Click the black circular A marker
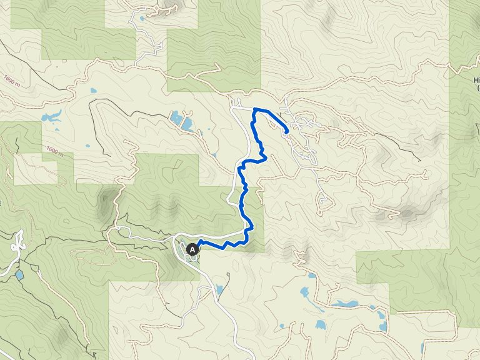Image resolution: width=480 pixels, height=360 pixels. point(192,249)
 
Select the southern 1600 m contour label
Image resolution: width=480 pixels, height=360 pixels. point(55,151)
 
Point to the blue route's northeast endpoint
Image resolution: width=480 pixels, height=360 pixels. point(286,132)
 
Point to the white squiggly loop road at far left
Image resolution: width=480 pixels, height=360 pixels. point(17,241)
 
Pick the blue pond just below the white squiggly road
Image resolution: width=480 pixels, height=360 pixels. point(20,274)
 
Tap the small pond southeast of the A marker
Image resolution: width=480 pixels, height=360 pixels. point(219,289)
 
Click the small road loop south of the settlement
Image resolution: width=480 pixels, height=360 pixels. point(323,201)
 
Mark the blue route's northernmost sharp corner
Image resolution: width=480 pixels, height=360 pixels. point(254,109)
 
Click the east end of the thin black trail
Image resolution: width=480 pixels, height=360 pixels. point(420,160)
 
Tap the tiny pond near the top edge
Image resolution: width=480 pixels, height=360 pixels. point(143,17)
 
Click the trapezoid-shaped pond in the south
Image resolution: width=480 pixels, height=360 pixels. point(321,325)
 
